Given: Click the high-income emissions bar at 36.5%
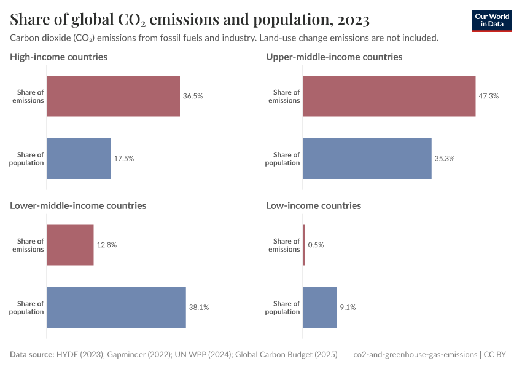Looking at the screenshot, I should (113, 97).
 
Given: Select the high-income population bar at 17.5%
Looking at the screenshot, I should (79, 159).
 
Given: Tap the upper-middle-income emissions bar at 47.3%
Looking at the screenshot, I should (389, 97).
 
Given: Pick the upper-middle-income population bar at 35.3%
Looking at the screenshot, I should (367, 159).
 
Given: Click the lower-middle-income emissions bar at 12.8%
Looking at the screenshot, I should (70, 245).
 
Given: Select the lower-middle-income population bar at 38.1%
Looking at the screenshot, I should (116, 307).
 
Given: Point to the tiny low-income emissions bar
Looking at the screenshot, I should (304, 245).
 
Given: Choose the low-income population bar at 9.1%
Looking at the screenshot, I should (319, 307).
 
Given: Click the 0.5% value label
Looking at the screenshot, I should (316, 245).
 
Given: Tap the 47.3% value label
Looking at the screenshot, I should (488, 97).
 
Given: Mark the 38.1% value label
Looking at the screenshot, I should (199, 307).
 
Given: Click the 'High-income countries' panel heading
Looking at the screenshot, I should (58, 57).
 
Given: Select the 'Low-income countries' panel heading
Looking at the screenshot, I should (313, 205).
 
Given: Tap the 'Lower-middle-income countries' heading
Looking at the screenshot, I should (78, 205).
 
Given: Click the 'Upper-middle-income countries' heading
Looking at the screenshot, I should (334, 57).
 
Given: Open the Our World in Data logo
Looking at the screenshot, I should (491, 20).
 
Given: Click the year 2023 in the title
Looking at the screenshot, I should (352, 20).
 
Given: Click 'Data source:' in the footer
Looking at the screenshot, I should (31, 354).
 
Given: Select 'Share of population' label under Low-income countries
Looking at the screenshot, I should (283, 307).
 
